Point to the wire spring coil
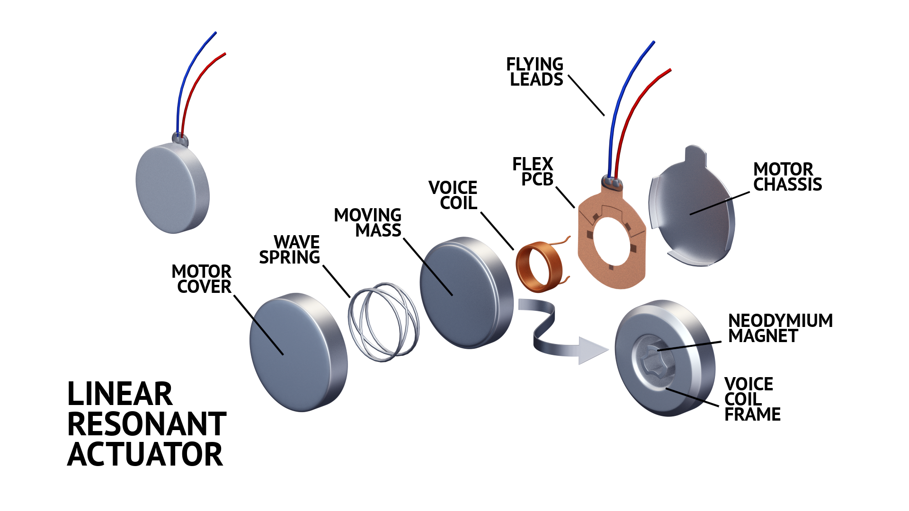[x=383, y=322]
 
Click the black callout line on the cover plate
[x=710, y=207]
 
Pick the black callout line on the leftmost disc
[x=268, y=336]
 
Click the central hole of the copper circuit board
[x=611, y=241]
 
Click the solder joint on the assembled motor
[x=180, y=139]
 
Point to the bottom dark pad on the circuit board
[x=611, y=267]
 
